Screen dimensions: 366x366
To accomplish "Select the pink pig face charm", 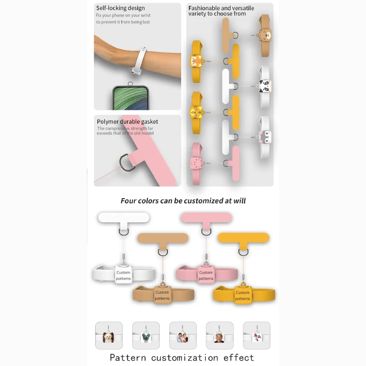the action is (195, 164).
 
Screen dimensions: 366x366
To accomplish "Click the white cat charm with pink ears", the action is (266, 136).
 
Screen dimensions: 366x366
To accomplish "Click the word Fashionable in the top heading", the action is (205, 8).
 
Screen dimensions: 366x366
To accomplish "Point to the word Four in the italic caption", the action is (129, 201).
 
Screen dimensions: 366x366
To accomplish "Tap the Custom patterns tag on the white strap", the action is (123, 275).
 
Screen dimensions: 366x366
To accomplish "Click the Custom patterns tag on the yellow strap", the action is (242, 296).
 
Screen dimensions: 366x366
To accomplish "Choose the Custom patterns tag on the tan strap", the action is (162, 295).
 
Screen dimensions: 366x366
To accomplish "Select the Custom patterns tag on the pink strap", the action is (206, 275).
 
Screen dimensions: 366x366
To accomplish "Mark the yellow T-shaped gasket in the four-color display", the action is (243, 238).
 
